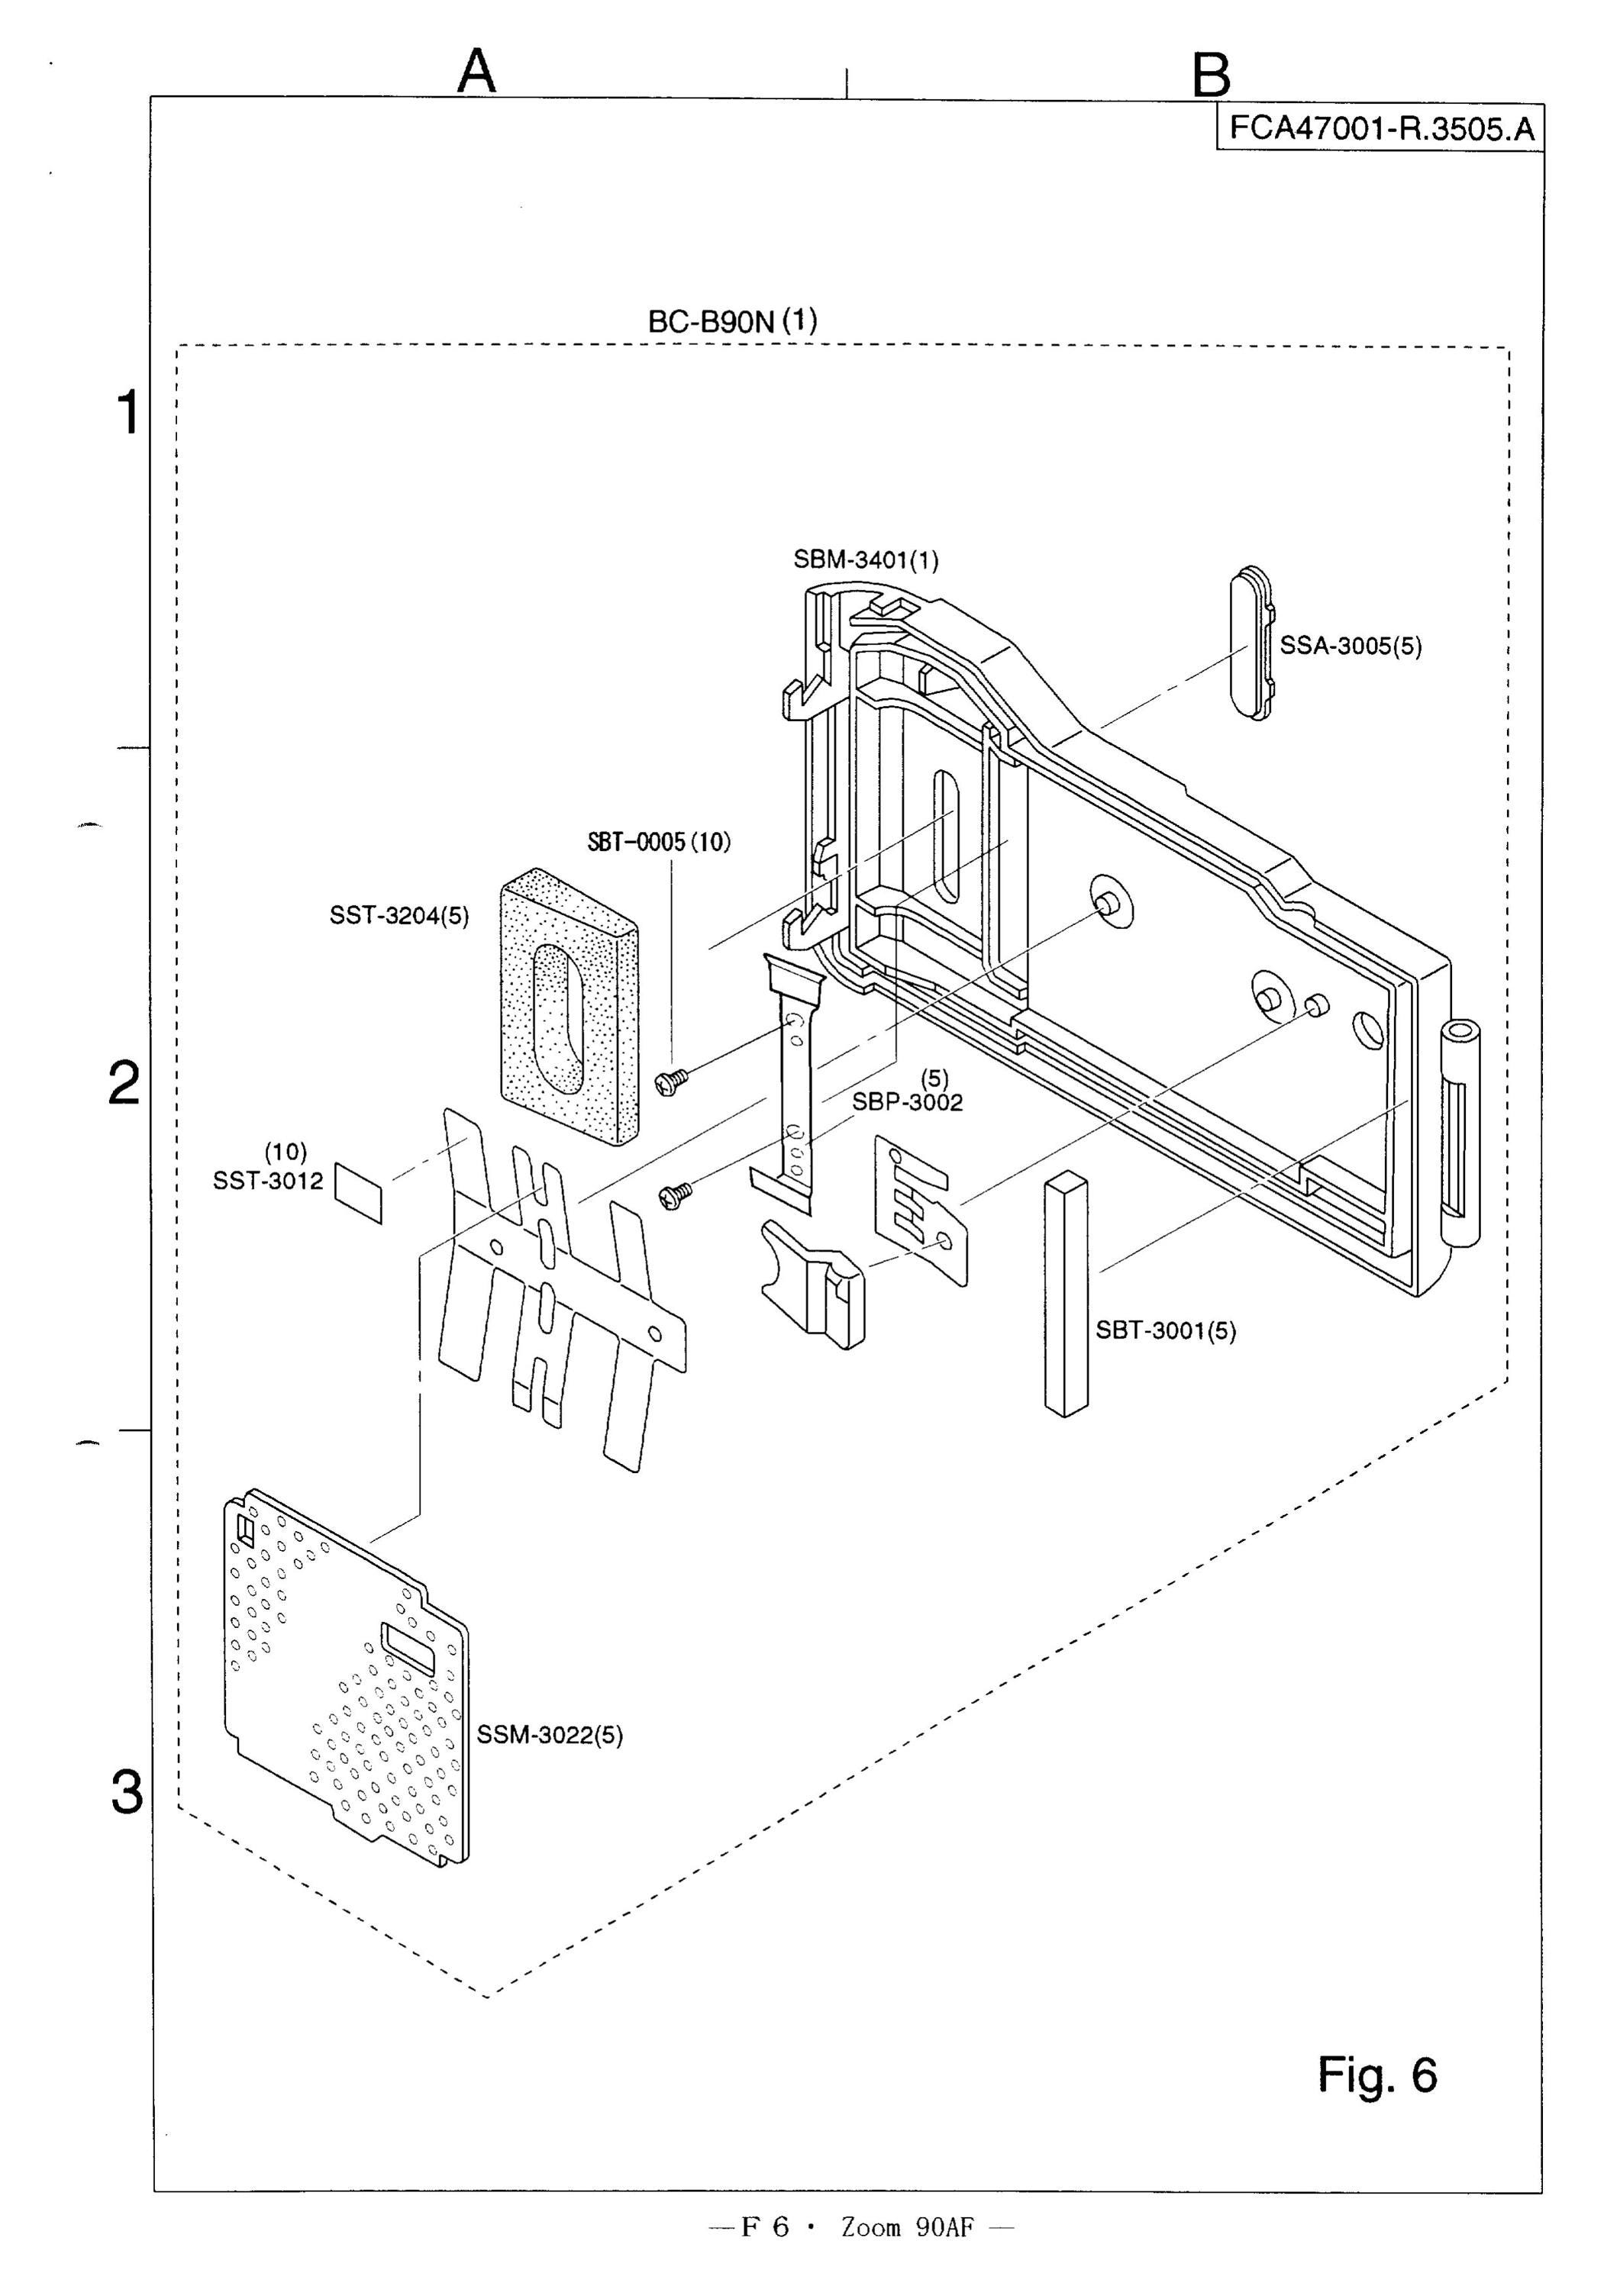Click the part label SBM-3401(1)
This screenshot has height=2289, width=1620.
click(x=866, y=559)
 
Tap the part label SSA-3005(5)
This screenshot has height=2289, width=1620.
click(x=1351, y=646)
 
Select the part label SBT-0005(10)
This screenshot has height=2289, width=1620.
click(x=658, y=843)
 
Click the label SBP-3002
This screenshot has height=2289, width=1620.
click(x=907, y=1102)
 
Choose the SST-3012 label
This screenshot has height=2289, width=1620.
click(x=268, y=1181)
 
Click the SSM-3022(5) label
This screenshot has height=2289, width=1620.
click(x=550, y=1736)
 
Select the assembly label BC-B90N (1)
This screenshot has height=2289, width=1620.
click(x=732, y=321)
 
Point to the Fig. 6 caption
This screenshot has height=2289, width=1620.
click(x=1377, y=2075)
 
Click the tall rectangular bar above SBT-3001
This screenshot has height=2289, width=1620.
click(x=1066, y=1294)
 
